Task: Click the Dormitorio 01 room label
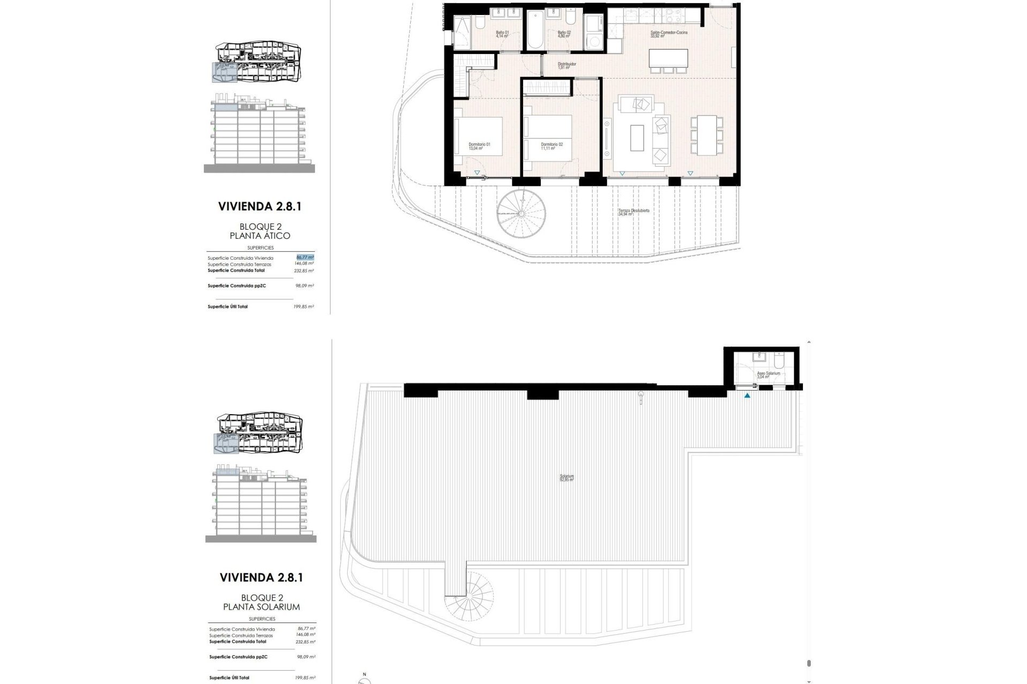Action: (x=479, y=146)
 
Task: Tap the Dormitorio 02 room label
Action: (x=551, y=146)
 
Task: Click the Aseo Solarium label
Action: (x=768, y=375)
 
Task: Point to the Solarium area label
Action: (x=566, y=478)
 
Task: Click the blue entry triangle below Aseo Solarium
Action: (x=747, y=396)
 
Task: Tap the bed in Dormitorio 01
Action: (x=478, y=136)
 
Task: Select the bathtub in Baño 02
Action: (x=535, y=30)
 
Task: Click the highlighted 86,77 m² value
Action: (x=305, y=257)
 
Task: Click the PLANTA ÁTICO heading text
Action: (x=259, y=236)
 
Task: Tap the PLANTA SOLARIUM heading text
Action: (x=261, y=607)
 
